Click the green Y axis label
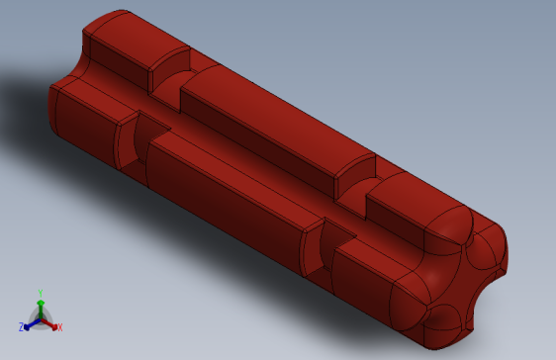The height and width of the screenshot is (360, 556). [40, 293]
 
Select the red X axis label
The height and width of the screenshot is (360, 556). [59, 327]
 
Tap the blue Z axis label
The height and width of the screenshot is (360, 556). [21, 326]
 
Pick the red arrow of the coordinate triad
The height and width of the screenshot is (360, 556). [50, 322]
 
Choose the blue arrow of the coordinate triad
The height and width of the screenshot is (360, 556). [30, 322]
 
